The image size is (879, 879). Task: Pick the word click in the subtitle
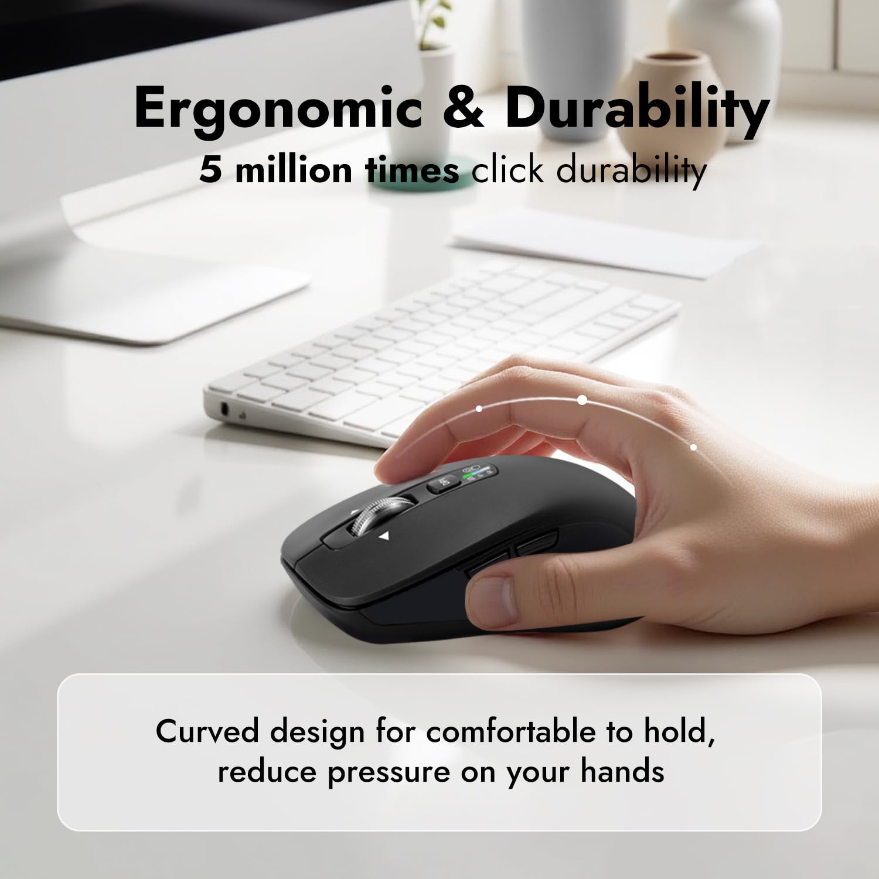507,170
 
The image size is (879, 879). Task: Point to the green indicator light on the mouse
469,476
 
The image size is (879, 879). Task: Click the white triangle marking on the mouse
384,535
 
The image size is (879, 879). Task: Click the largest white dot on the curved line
582,400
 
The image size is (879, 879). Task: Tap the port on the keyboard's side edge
224,408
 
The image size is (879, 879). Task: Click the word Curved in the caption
207,732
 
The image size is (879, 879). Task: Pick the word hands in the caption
622,771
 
